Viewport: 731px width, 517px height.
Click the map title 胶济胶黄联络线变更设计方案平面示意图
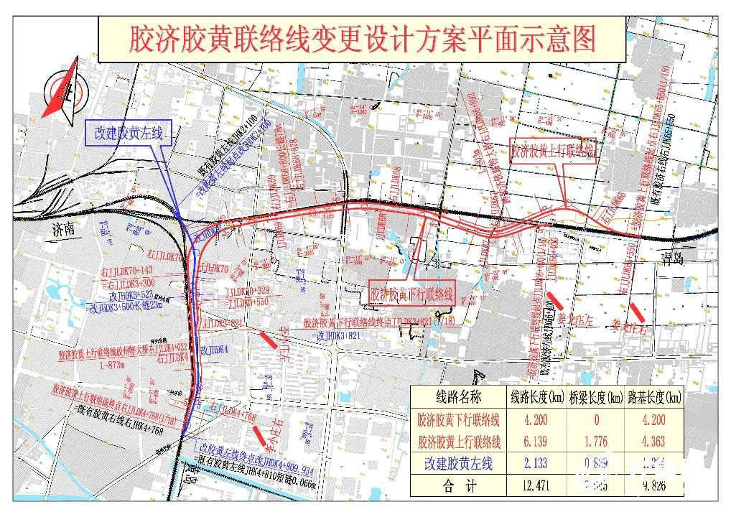[363, 40]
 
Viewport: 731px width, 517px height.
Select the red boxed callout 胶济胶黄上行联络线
[553, 152]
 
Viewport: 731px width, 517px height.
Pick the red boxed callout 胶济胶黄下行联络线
[412, 294]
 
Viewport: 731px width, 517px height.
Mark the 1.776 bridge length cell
[595, 441]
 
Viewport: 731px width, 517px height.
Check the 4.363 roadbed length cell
[653, 441]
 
